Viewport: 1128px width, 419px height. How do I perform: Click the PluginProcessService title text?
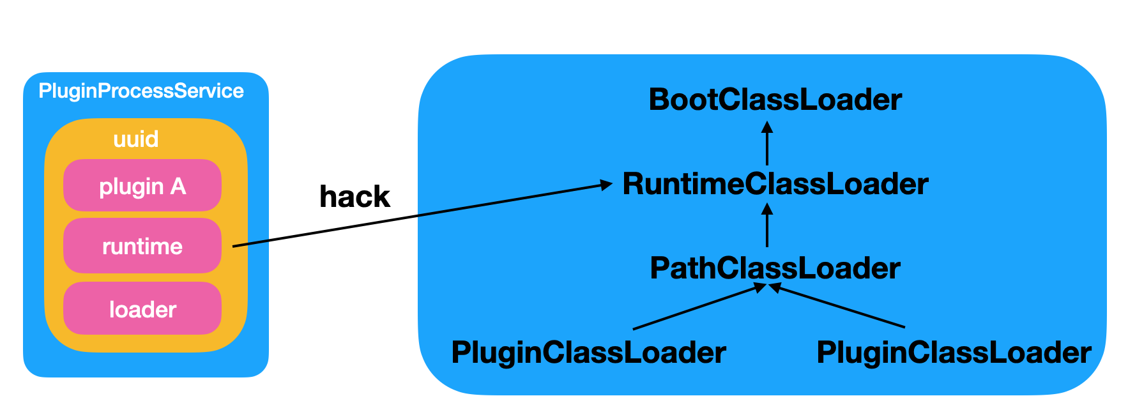coord(141,91)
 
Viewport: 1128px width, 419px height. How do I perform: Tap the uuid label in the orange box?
coord(135,139)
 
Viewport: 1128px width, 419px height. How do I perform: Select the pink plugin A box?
coord(142,186)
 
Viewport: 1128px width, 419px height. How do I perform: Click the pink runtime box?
coord(142,246)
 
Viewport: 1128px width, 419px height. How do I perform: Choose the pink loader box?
coord(142,309)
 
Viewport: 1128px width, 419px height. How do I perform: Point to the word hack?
coord(354,196)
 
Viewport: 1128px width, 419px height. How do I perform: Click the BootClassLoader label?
coord(775,100)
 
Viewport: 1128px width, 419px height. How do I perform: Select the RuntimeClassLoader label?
coord(775,184)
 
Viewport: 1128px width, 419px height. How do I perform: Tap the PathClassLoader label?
coord(775,268)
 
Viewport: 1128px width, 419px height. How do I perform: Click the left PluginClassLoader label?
coord(588,352)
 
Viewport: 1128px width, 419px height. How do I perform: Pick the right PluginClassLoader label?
coord(954,352)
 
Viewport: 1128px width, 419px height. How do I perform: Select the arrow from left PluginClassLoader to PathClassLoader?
coord(696,308)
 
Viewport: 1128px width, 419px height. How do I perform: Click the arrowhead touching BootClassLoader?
coord(767,126)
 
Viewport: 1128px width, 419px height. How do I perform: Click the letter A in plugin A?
coord(178,186)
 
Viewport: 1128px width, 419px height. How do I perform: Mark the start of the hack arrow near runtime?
coord(235,245)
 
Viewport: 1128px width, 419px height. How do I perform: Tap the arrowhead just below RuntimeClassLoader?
coord(767,209)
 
